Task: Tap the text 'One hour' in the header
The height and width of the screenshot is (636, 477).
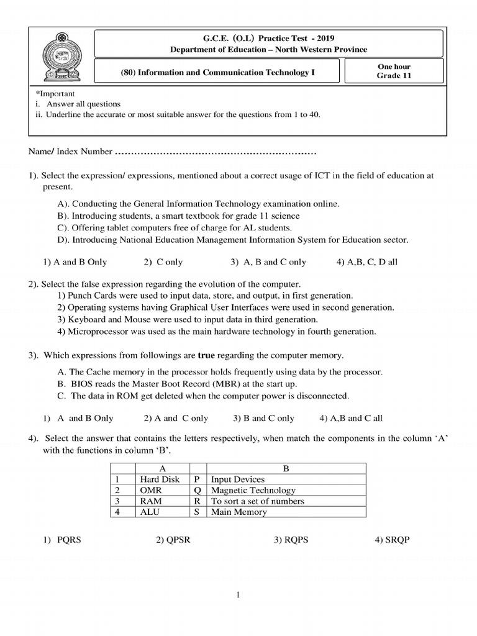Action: [394, 66]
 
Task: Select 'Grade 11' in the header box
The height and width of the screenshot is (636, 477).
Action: [394, 76]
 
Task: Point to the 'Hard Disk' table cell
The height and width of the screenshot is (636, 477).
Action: [160, 479]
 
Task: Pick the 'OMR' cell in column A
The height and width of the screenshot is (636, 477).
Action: [150, 490]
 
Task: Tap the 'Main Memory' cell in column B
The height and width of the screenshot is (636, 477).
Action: [239, 512]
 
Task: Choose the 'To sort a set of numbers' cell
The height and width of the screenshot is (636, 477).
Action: [258, 501]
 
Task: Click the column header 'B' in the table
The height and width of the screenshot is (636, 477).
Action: [286, 468]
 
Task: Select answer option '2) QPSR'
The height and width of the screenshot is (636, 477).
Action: [173, 540]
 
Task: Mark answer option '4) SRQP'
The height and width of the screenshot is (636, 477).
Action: [392, 540]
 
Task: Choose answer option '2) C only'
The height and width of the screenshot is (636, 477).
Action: [163, 262]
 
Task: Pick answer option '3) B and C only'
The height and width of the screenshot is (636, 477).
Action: [263, 418]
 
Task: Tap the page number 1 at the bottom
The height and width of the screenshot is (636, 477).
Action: [238, 595]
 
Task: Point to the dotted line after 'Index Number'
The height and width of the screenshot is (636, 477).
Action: [216, 152]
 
